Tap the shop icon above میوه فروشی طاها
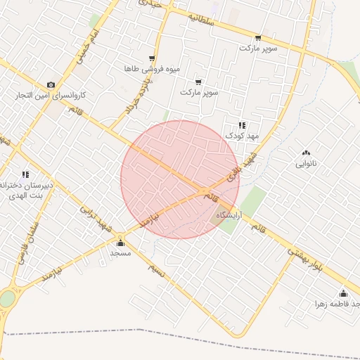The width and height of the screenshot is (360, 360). (x=152, y=58)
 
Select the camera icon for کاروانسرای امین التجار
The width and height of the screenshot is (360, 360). (x=51, y=84)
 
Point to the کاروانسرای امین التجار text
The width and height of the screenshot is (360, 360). (x=51, y=95)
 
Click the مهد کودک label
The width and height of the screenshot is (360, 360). (x=243, y=136)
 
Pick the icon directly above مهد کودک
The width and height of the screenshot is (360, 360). (x=243, y=125)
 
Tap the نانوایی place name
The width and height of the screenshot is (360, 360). (x=305, y=163)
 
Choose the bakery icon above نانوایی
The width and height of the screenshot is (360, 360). (x=305, y=153)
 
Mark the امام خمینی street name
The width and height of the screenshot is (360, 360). (x=83, y=44)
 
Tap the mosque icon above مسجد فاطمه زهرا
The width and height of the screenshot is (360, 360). (x=343, y=293)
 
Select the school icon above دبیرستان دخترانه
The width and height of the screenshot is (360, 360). (x=26, y=174)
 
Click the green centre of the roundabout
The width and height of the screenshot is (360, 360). (x=6, y=300)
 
